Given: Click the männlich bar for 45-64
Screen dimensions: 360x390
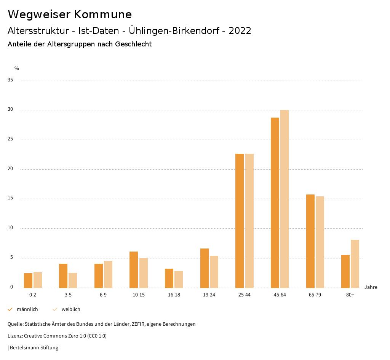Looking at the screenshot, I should click(x=275, y=202).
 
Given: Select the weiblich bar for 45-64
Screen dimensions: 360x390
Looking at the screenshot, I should click(x=285, y=199).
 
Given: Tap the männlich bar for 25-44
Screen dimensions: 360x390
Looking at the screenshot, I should click(x=240, y=221).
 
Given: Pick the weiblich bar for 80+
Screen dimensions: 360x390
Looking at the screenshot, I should click(x=355, y=264).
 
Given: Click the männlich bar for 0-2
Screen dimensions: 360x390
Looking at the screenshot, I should click(x=28, y=280).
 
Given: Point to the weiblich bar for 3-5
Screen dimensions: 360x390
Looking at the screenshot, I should click(x=73, y=280).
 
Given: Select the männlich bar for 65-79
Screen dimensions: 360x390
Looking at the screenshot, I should click(x=310, y=241).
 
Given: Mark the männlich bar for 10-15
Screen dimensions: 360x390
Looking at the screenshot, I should click(x=134, y=269).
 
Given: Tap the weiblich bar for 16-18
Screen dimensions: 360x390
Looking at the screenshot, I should click(x=179, y=279).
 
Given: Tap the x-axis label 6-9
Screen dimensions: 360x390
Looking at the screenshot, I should click(x=103, y=295).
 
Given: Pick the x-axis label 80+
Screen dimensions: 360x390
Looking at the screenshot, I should click(x=350, y=295).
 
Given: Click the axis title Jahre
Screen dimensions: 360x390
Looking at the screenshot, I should click(x=371, y=287).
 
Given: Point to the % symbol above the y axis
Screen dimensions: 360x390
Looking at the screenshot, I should click(x=17, y=68).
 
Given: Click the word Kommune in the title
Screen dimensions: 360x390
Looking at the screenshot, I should click(x=103, y=14).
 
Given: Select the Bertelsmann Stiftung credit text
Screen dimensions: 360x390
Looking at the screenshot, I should click(x=34, y=347).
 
